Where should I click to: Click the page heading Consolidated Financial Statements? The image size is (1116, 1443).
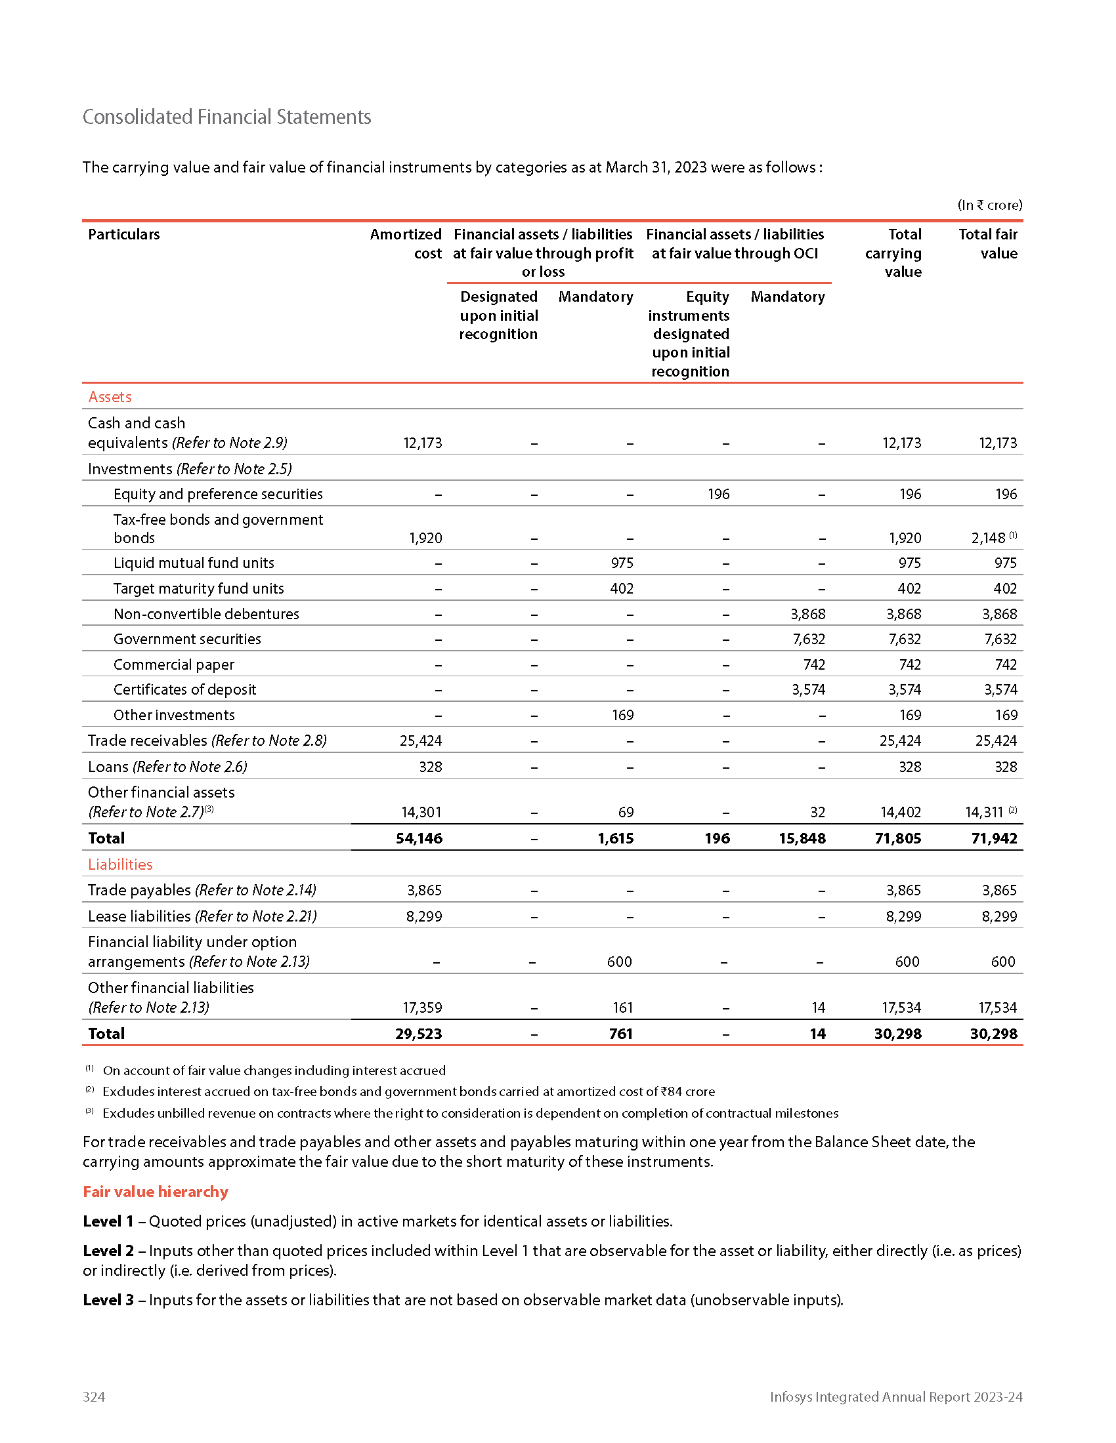click(226, 117)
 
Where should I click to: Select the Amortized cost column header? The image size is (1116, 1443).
click(405, 244)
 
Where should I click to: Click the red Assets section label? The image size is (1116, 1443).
click(110, 397)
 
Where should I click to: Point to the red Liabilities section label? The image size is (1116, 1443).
click(120, 864)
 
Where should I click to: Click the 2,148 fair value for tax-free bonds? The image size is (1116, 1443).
click(988, 539)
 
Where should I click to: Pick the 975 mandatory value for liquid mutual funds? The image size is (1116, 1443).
click(622, 563)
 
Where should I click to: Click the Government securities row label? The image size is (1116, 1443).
click(187, 639)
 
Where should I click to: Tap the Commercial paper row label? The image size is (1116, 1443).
click(174, 664)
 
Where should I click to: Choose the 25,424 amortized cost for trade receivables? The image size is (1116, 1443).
click(421, 741)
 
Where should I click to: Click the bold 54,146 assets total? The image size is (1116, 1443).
click(419, 838)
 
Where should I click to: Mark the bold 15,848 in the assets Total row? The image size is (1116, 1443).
click(802, 838)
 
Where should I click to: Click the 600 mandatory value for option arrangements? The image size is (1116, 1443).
click(620, 962)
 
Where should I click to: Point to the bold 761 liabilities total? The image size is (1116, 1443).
click(621, 1034)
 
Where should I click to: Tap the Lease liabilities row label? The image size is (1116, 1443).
click(139, 916)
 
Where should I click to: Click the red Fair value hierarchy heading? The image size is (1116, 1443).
click(156, 1192)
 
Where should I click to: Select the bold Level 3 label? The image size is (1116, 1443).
click(108, 1300)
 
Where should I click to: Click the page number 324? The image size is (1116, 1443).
click(94, 1396)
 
